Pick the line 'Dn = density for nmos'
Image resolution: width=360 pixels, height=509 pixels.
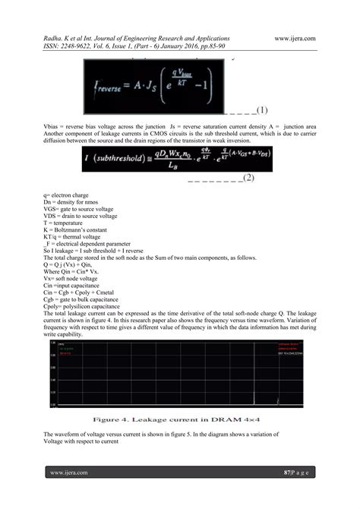(76, 202)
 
